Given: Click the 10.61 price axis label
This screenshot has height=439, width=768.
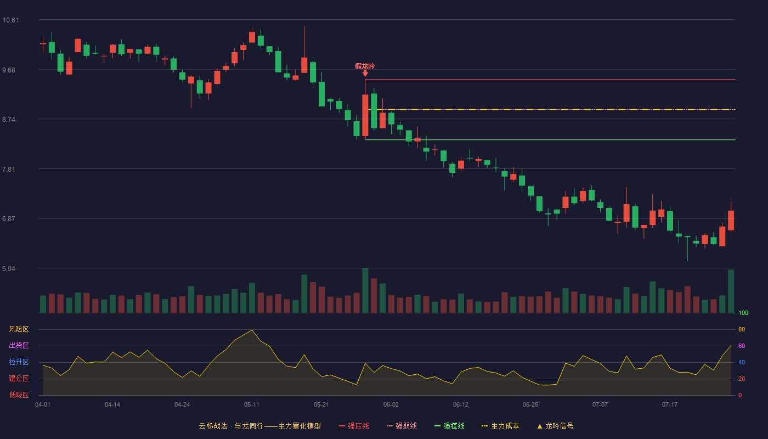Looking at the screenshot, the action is [x=10, y=20].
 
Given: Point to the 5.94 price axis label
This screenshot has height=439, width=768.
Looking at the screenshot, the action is [x=9, y=268].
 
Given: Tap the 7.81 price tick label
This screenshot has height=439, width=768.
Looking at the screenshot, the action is [x=9, y=170].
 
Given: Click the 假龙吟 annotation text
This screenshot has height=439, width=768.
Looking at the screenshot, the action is [x=365, y=66].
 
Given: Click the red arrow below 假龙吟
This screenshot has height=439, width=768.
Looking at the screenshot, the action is [x=365, y=73].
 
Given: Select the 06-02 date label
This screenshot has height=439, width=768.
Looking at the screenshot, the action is [x=391, y=405].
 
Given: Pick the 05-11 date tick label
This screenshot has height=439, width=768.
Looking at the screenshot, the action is [x=252, y=405].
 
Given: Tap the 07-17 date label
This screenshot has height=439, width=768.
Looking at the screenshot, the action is [x=670, y=405].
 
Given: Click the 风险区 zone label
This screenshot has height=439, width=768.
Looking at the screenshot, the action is [x=19, y=329].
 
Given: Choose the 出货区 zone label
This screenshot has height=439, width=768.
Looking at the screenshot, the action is [x=19, y=345].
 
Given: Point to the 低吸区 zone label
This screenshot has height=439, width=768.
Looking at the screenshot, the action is [x=19, y=395].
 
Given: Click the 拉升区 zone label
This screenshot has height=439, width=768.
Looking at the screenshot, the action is [x=19, y=362].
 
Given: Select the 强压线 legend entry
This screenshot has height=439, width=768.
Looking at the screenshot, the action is [x=354, y=426].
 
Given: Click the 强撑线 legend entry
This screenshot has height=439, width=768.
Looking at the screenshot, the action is [x=449, y=426].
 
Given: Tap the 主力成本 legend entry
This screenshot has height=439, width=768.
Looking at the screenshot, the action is [x=500, y=426].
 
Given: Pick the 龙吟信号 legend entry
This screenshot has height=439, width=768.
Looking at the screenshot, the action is [x=555, y=426].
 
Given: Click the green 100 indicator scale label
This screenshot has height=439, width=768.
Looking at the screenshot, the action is [x=743, y=313].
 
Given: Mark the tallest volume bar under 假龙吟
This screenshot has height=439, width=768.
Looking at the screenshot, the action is [x=365, y=290].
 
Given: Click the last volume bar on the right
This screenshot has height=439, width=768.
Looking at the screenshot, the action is [x=731, y=291].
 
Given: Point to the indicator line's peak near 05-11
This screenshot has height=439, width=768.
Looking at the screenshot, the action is [x=252, y=330].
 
